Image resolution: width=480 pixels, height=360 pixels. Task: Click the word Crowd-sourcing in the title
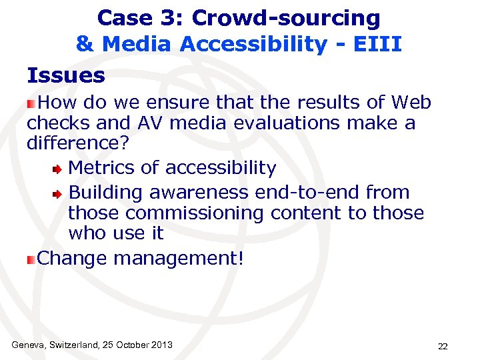(x=286, y=18)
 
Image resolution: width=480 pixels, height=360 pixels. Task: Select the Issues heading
(x=66, y=75)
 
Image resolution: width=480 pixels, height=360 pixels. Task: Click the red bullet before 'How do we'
(x=31, y=103)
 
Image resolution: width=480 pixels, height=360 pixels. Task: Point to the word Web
(x=411, y=103)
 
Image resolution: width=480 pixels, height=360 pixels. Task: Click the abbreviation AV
(x=153, y=123)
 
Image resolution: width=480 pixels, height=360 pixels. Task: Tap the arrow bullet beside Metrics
(x=59, y=169)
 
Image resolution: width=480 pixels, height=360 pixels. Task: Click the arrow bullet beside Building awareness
(x=59, y=194)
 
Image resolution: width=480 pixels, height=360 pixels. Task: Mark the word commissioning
(x=194, y=213)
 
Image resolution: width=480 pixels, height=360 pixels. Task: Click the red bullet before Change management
(x=31, y=259)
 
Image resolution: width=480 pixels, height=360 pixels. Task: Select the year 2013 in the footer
(x=161, y=345)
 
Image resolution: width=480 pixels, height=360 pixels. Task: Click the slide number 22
(x=442, y=346)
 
